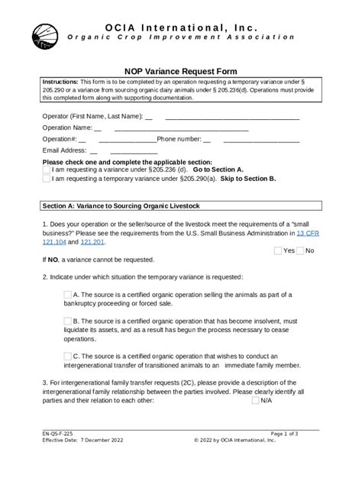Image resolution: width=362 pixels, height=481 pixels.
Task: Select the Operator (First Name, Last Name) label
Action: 92,116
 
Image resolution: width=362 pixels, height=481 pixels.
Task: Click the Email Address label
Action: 65,150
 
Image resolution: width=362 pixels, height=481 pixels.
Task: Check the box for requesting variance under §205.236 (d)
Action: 47,169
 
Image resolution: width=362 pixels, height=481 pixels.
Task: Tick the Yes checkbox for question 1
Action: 278,250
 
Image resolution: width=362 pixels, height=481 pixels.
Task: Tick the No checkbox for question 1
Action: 300,250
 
